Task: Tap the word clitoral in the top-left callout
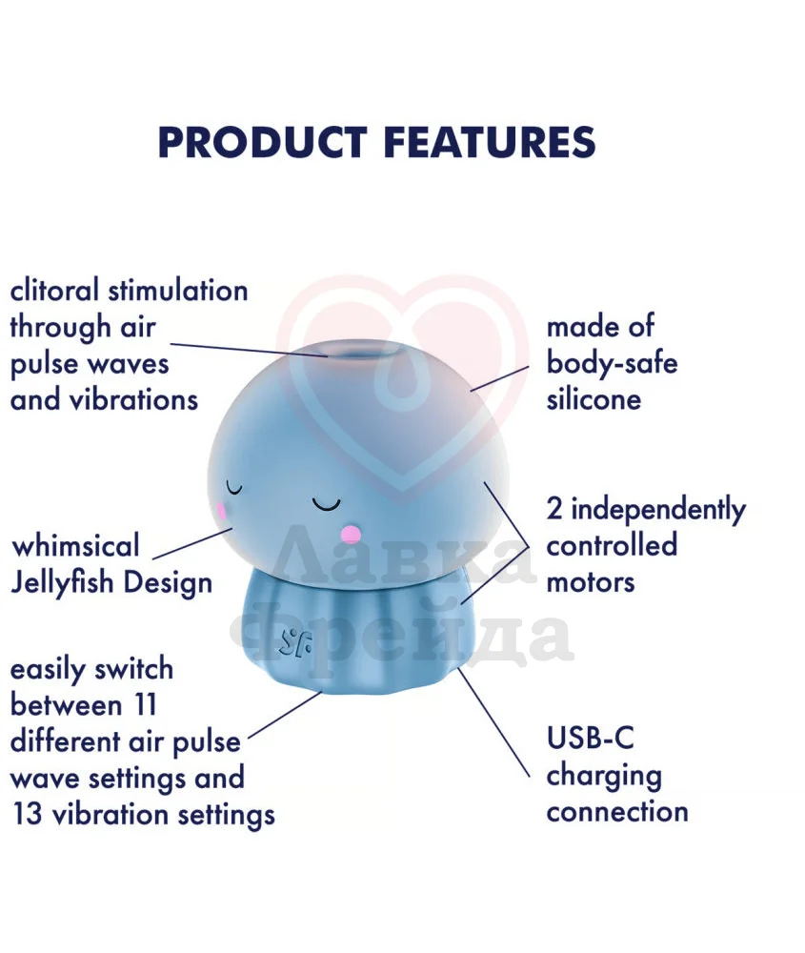[x=54, y=290]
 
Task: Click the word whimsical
[x=76, y=545]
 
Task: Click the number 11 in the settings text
[x=145, y=705]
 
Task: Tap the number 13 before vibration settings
[x=28, y=815]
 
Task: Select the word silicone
[x=594, y=399]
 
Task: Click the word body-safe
[x=612, y=363]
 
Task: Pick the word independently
[x=658, y=509]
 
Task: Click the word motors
[x=591, y=583]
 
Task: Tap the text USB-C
[x=590, y=739]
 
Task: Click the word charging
[x=604, y=777]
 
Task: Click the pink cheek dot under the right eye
[x=351, y=535]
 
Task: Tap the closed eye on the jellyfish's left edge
[x=234, y=488]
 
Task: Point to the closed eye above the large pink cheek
[x=326, y=504]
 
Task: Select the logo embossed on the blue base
[x=295, y=643]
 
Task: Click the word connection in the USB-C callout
[x=617, y=812]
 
